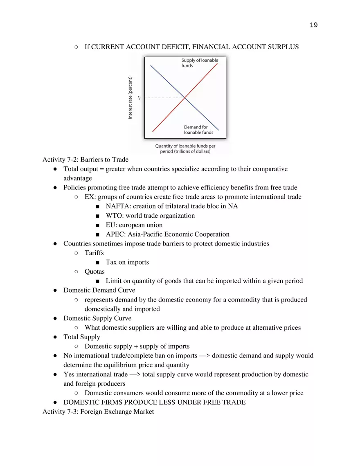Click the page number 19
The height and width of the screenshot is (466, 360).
coord(313,25)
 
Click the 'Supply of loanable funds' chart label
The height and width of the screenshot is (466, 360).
coord(200,63)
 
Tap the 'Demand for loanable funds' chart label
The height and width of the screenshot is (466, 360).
coord(198,130)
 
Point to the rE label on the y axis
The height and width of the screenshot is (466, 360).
coord(139,98)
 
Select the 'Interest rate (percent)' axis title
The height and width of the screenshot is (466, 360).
coord(130,98)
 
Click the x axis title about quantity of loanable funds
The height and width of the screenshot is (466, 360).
coord(185,149)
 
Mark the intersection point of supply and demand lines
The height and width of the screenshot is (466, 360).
coord(185,98)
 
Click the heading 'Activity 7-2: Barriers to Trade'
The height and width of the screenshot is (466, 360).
coord(85,160)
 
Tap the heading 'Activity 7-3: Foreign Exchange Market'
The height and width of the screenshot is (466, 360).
coord(98,412)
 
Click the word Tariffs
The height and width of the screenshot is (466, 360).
coord(94,253)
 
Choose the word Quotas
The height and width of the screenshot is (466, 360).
coord(94,272)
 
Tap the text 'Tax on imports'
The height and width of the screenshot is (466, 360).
coord(127,262)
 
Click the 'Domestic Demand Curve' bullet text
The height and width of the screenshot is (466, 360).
coord(99,290)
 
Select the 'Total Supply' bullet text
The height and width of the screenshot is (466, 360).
coord(81,337)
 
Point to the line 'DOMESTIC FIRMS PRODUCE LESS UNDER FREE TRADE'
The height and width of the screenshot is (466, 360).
coord(154,402)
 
